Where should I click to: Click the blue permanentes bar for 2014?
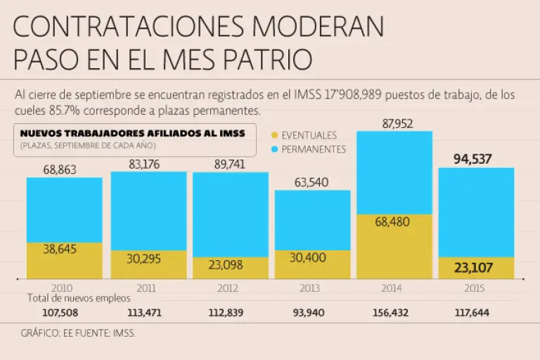(x=394, y=172)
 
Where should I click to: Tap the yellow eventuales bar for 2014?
(x=394, y=246)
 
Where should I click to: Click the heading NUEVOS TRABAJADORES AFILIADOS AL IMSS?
(x=132, y=134)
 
